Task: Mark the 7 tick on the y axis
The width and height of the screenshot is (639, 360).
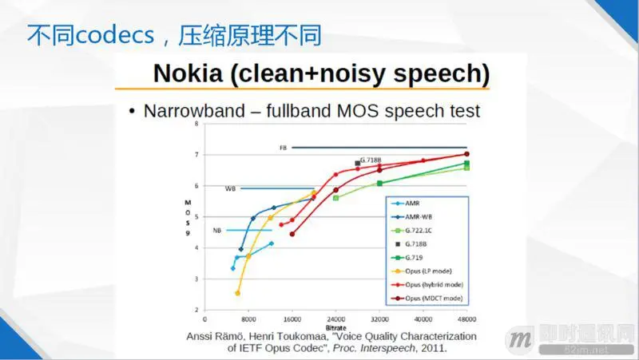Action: (x=196, y=154)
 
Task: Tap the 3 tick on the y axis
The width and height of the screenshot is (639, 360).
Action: (x=196, y=279)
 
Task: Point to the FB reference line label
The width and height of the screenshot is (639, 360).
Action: (x=283, y=148)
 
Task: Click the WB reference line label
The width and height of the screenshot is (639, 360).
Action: (x=230, y=189)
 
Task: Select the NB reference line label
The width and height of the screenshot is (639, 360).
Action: (x=216, y=231)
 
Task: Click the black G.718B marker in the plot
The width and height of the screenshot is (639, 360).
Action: (x=357, y=164)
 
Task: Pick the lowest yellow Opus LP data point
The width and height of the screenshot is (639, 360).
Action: (x=237, y=293)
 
